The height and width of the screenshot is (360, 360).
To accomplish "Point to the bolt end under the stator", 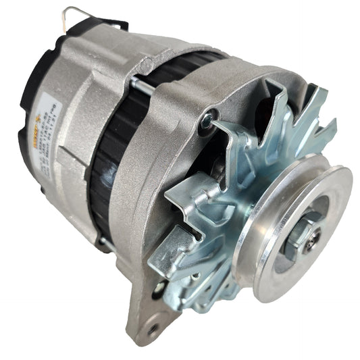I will point(105,240).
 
